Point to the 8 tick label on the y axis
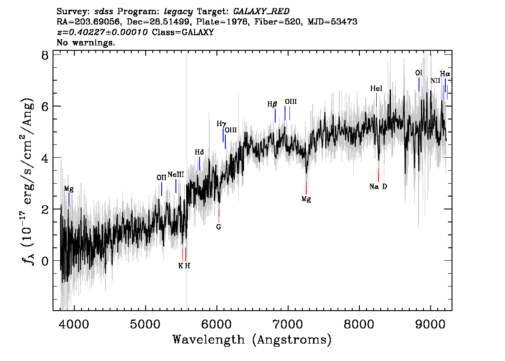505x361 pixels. [x=45, y=55]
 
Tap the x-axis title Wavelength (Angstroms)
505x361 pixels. [x=252, y=340]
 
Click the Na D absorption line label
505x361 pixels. [x=378, y=186]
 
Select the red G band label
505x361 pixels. [x=219, y=227]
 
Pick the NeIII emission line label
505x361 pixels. [x=176, y=175]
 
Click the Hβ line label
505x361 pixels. [x=272, y=104]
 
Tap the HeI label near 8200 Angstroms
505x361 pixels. [x=376, y=88]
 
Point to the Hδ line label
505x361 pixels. [x=200, y=152]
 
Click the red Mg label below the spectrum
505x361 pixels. [x=306, y=199]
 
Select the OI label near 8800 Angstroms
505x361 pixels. [x=419, y=73]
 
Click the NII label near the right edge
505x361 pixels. [x=436, y=81]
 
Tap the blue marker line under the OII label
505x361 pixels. [x=162, y=189]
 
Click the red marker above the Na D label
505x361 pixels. [x=379, y=175]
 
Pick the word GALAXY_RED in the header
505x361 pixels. [x=261, y=12]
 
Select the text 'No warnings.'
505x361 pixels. [x=86, y=42]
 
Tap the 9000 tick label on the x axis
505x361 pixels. [x=431, y=324]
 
